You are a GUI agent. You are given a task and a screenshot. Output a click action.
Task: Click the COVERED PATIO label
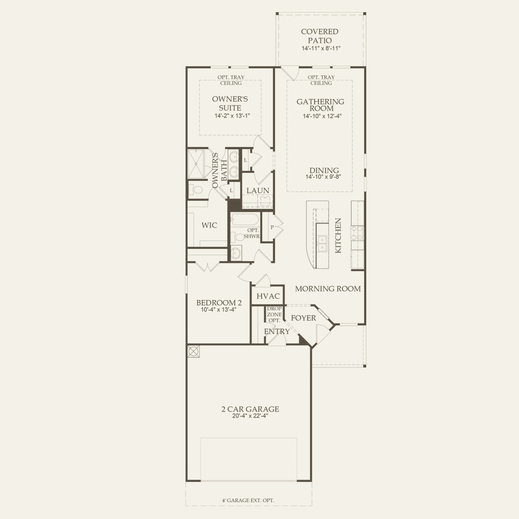pyautogui.click(x=320, y=36)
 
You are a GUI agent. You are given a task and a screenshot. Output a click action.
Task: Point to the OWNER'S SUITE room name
pyautogui.click(x=230, y=103)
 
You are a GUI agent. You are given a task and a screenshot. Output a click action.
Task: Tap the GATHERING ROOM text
pyautogui.click(x=320, y=105)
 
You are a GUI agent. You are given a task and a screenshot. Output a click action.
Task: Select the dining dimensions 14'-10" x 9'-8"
pyautogui.click(x=323, y=177)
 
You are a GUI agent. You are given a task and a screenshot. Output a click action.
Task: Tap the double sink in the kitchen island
pyautogui.click(x=322, y=243)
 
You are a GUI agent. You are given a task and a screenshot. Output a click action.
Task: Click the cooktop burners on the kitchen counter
pyautogui.click(x=357, y=233)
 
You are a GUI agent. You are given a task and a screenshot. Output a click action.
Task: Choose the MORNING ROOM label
pyautogui.click(x=328, y=289)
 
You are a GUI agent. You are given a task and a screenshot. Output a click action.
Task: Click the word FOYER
pyautogui.click(x=303, y=318)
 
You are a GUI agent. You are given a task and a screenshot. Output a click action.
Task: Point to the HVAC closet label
pyautogui.click(x=268, y=296)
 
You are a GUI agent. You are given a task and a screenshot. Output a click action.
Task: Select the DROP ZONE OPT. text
pyautogui.click(x=274, y=314)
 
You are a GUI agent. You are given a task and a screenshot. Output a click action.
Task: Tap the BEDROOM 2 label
pyautogui.click(x=219, y=303)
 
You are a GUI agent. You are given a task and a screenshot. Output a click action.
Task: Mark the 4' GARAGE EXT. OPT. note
pyautogui.click(x=248, y=500)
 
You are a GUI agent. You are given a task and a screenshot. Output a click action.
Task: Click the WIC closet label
pyautogui.click(x=209, y=225)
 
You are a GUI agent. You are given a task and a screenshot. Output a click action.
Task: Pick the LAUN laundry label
pyautogui.click(x=258, y=190)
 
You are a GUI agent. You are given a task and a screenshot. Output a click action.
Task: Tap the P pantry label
pyautogui.click(x=272, y=227)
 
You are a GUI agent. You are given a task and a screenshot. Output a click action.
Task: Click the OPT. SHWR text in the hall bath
pyautogui.click(x=253, y=233)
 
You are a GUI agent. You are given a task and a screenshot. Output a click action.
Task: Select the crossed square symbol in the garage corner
pyautogui.click(x=193, y=351)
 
